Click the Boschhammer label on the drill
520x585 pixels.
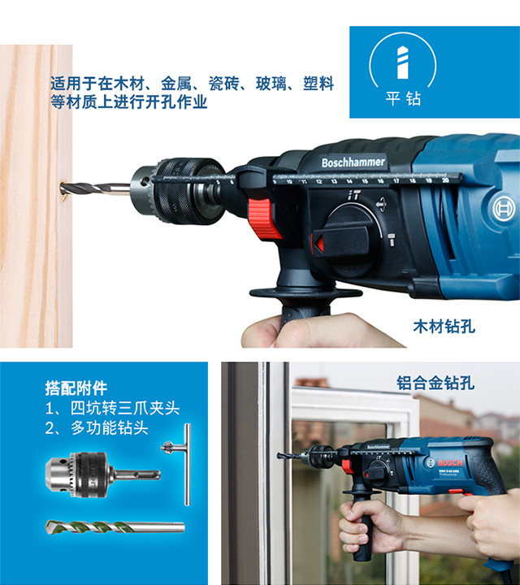coord(353,162)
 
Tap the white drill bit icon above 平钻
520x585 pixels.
coord(402,63)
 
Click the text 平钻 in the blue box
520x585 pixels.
coord(403,99)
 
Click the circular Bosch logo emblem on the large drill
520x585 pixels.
coord(504,209)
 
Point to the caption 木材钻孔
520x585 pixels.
coord(444,327)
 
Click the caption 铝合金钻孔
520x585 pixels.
coord(435,383)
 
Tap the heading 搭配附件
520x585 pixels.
coord(76,388)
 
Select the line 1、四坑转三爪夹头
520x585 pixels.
coord(112,408)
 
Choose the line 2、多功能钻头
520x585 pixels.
coord(97,428)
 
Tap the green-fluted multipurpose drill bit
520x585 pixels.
coord(115,526)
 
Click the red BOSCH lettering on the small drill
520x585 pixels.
coord(450,463)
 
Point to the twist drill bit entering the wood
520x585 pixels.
coord(95,188)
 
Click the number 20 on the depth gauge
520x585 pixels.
coord(445,180)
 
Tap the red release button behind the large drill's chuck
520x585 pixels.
coord(264,219)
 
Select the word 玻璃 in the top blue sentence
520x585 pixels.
coord(271,84)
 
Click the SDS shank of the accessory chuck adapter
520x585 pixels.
coord(137,475)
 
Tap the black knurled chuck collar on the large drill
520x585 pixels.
coord(184,191)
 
